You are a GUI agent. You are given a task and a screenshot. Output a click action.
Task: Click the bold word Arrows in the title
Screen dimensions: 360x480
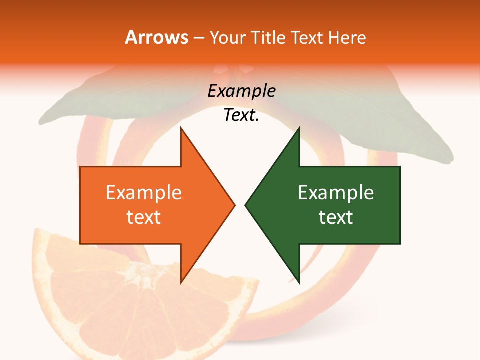[x=156, y=37]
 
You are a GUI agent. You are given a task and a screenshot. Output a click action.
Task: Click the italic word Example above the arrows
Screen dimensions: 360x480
[x=242, y=91]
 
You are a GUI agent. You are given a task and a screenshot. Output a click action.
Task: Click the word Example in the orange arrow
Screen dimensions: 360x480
[x=144, y=193]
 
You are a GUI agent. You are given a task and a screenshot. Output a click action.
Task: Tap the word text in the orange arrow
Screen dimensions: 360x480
[x=144, y=217]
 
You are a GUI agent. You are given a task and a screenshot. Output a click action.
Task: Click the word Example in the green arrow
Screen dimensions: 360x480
[x=336, y=193]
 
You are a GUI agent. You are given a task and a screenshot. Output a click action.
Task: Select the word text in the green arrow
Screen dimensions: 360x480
[x=336, y=217]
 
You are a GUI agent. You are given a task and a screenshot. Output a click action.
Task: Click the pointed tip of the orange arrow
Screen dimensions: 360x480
[x=234, y=205]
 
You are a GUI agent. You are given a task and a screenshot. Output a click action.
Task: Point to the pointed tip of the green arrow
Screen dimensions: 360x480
[x=246, y=205]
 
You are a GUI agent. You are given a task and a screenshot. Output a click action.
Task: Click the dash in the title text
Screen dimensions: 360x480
[x=199, y=38]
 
